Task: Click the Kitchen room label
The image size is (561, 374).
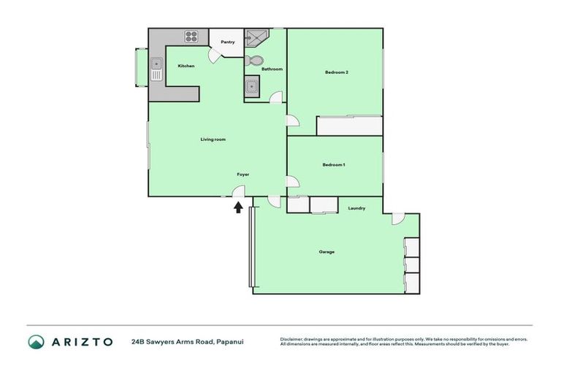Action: pos(186,66)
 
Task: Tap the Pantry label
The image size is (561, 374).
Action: pos(228,42)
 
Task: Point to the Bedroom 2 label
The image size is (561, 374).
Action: pos(336,72)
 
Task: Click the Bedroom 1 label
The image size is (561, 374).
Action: pos(334,165)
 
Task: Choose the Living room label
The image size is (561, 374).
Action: pos(213,140)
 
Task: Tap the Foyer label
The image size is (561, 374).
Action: pos(243,175)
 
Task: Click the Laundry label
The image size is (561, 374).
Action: pos(356,209)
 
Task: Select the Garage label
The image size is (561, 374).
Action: pos(327,252)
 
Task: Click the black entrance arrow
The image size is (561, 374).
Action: pos(238,207)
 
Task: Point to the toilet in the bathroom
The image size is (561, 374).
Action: pos(253,60)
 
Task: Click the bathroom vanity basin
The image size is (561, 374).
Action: pos(252,86)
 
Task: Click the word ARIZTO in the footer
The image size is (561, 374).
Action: pos(82,341)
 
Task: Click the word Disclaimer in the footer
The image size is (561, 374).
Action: pos(294,339)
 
